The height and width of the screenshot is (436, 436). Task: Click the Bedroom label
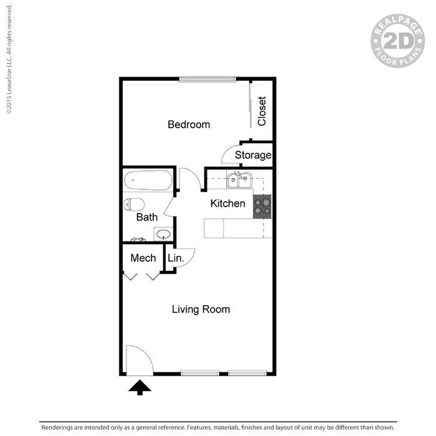pos(189,125)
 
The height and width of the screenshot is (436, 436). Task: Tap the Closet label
pos(262,111)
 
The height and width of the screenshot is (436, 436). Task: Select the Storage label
pos(253,155)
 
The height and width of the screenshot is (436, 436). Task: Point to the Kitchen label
pos(227,203)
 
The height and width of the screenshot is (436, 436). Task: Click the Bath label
pos(147,217)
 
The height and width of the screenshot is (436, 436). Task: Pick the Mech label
pos(143,258)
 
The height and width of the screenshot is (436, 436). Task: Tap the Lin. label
pos(174,258)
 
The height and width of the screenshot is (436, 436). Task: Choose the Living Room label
pos(201,309)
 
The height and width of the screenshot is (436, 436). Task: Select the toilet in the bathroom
pos(133,204)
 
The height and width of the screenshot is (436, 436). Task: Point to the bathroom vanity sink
pos(163,235)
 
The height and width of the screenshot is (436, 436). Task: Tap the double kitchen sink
pos(239,181)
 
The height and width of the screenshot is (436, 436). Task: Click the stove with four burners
pos(262,206)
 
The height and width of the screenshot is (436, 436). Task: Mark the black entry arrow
pos(140,387)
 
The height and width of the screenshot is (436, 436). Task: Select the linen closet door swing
pos(185,257)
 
